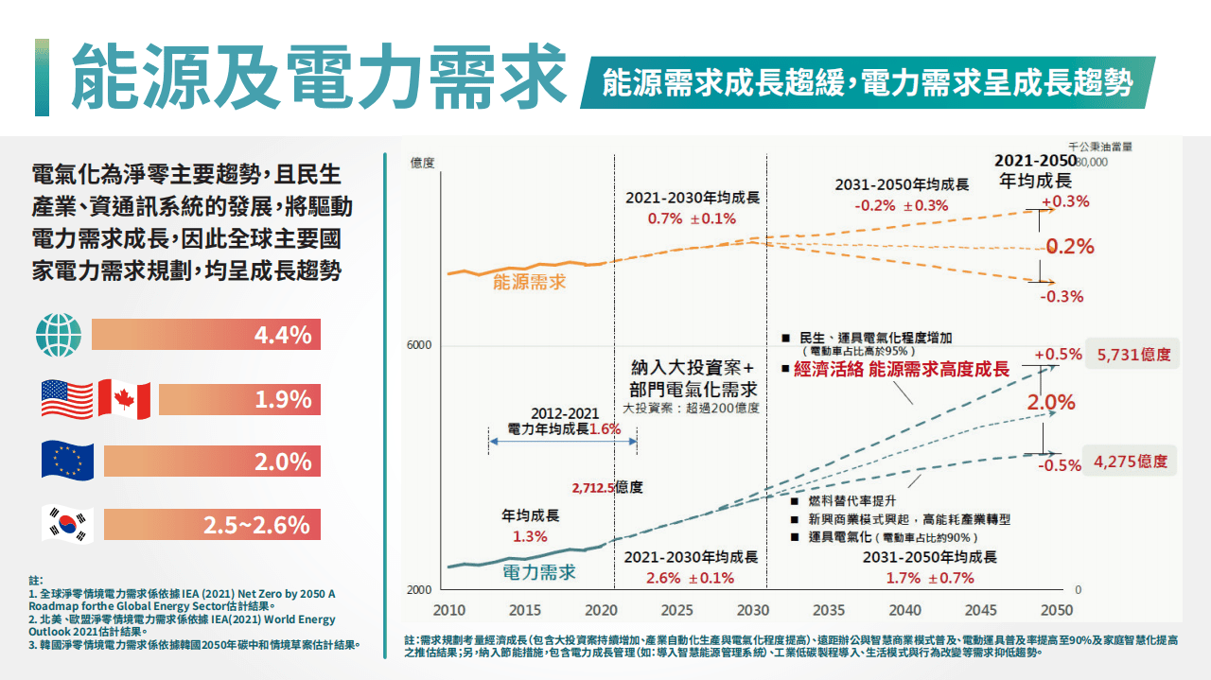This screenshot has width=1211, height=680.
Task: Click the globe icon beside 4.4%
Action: tap(59, 335)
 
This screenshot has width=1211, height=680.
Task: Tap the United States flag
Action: tap(66, 399)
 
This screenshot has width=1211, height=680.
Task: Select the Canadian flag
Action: tap(125, 399)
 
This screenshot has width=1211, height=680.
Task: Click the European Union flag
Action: tap(67, 461)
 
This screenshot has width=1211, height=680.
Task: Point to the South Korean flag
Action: tap(66, 523)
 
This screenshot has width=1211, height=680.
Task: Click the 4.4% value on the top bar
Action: tap(282, 335)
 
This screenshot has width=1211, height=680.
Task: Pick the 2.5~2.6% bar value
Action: tap(256, 524)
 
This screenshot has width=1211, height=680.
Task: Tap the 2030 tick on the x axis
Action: tap(753, 610)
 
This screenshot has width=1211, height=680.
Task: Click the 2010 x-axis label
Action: tap(448, 610)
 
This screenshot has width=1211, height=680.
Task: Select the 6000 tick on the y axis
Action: tap(419, 345)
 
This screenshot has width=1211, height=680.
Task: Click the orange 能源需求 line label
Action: tap(529, 282)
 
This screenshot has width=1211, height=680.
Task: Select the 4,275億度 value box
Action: tap(1130, 462)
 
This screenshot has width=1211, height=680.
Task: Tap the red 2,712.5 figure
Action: tap(593, 488)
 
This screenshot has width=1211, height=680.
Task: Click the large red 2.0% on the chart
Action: tap(1051, 402)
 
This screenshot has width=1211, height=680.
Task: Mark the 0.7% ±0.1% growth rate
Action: tap(692, 218)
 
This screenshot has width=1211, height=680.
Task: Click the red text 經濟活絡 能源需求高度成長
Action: tap(902, 370)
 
